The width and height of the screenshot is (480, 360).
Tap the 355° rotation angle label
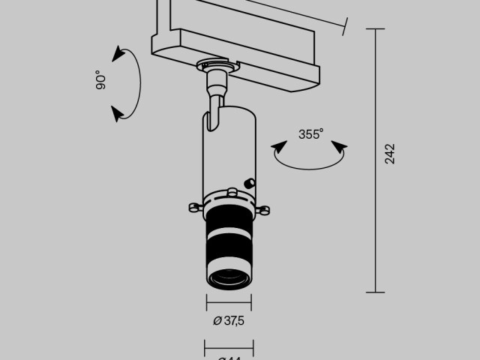[x=310, y=135]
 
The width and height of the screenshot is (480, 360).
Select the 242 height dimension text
[x=388, y=154]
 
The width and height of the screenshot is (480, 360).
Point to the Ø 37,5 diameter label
[x=229, y=321]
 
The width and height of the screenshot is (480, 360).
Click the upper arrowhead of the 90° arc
[x=117, y=53]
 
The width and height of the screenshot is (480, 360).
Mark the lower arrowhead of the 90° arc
[x=117, y=113]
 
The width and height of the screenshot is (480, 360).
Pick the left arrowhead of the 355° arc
[x=277, y=148]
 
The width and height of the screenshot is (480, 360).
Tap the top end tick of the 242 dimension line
[x=375, y=29]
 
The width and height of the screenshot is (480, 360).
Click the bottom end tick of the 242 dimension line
[x=375, y=292]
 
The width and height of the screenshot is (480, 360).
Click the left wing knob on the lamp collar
[x=193, y=208]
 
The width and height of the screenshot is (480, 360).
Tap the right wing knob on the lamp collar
[x=265, y=211]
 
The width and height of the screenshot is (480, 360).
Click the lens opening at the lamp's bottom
[x=229, y=280]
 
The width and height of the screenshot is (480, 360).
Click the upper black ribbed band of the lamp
[x=229, y=220]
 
